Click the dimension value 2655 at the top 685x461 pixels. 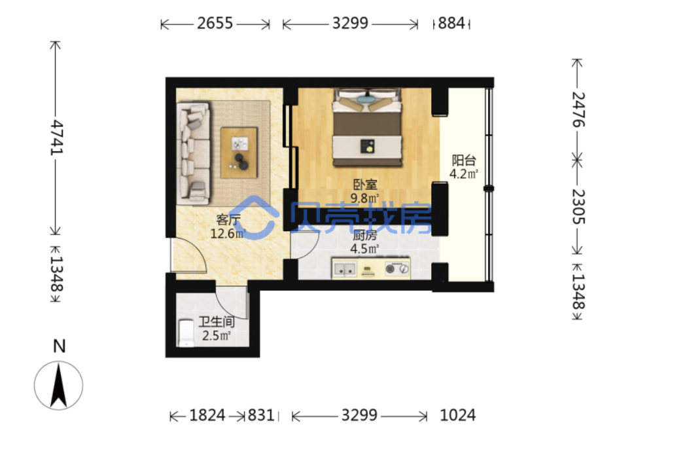[x=215, y=23]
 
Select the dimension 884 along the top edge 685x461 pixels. [x=451, y=23]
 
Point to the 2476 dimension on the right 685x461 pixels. [x=578, y=109]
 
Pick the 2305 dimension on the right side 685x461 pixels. [x=578, y=206]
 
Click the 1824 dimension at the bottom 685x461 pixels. [x=207, y=415]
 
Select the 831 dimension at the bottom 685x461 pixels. [x=261, y=415]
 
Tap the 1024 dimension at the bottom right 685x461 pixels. [x=457, y=415]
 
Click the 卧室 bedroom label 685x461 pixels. [x=365, y=185]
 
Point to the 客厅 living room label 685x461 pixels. [x=228, y=219]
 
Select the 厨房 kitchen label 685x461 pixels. [x=365, y=236]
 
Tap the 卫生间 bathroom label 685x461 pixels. [x=217, y=322]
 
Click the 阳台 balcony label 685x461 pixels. [x=463, y=160]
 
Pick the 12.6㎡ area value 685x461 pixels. [x=228, y=234]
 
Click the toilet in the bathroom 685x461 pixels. [x=186, y=333]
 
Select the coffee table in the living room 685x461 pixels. [x=239, y=153]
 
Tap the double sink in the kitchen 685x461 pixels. [x=345, y=269]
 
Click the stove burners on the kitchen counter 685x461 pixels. [x=397, y=268]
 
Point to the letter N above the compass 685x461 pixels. [x=59, y=346]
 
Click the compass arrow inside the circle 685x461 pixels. [x=58, y=386]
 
